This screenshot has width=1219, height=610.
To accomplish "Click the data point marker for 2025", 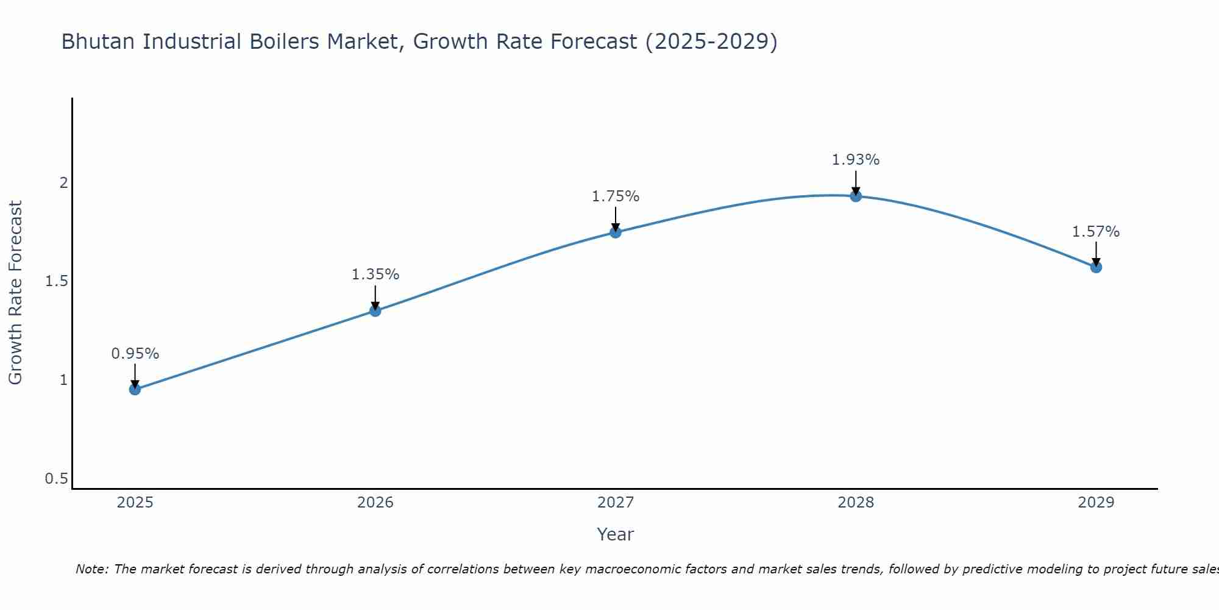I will (135, 389).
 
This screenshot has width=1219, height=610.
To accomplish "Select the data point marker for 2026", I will (375, 310).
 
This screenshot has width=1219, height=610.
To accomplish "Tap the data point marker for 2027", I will (616, 232).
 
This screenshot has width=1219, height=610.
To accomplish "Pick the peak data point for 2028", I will (856, 196).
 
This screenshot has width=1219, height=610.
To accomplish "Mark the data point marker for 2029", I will (1096, 267).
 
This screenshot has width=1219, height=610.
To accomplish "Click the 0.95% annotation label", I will (135, 354).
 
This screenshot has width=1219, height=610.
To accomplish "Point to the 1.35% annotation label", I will (375, 274).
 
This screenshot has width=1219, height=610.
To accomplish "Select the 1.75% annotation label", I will (616, 196).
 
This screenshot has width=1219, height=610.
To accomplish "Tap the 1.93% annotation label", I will (856, 160).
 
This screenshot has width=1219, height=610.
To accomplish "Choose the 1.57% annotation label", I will (1096, 232).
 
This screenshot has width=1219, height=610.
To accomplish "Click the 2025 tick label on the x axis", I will (135, 503).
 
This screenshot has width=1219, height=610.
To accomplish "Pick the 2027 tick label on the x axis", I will (616, 503).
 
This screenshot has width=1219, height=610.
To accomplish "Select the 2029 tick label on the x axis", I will (1096, 503).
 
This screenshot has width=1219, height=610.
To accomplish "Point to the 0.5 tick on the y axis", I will (56, 479).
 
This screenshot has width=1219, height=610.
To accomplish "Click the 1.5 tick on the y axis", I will (56, 281).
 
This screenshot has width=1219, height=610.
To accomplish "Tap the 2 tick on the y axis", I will (63, 182).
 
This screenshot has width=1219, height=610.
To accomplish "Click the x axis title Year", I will (616, 534).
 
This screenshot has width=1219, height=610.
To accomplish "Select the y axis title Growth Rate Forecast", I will (15, 293).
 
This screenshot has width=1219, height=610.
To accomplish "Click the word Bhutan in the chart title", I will (99, 41).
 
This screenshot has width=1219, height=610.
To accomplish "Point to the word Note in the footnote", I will (91, 569).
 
